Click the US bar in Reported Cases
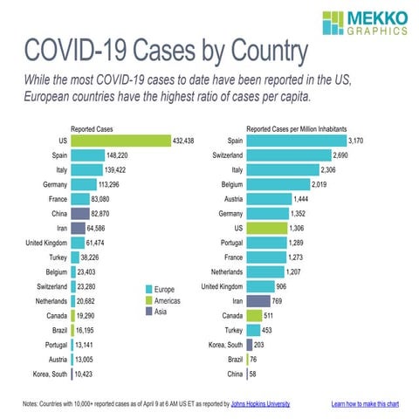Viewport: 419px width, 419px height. [120, 140]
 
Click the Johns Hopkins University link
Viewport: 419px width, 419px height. [254, 403]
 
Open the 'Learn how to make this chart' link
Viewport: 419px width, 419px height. [364, 403]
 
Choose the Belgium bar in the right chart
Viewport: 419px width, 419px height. [278, 184]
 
